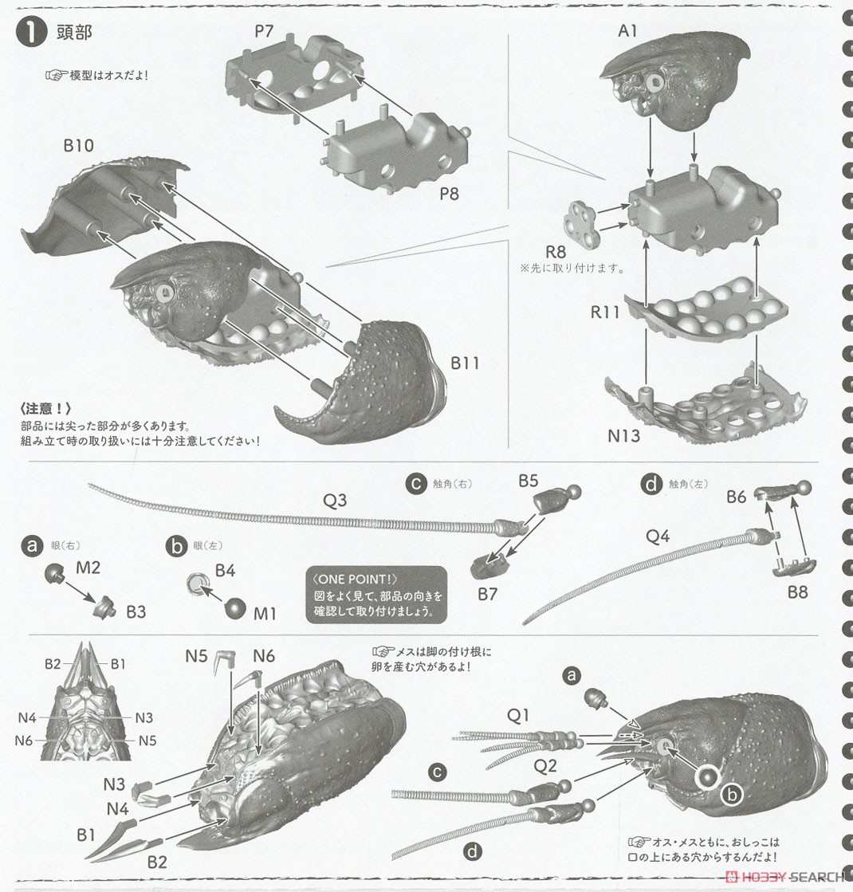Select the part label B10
point(79,146)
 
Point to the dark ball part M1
point(237,607)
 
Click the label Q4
point(658,537)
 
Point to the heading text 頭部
point(74,33)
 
